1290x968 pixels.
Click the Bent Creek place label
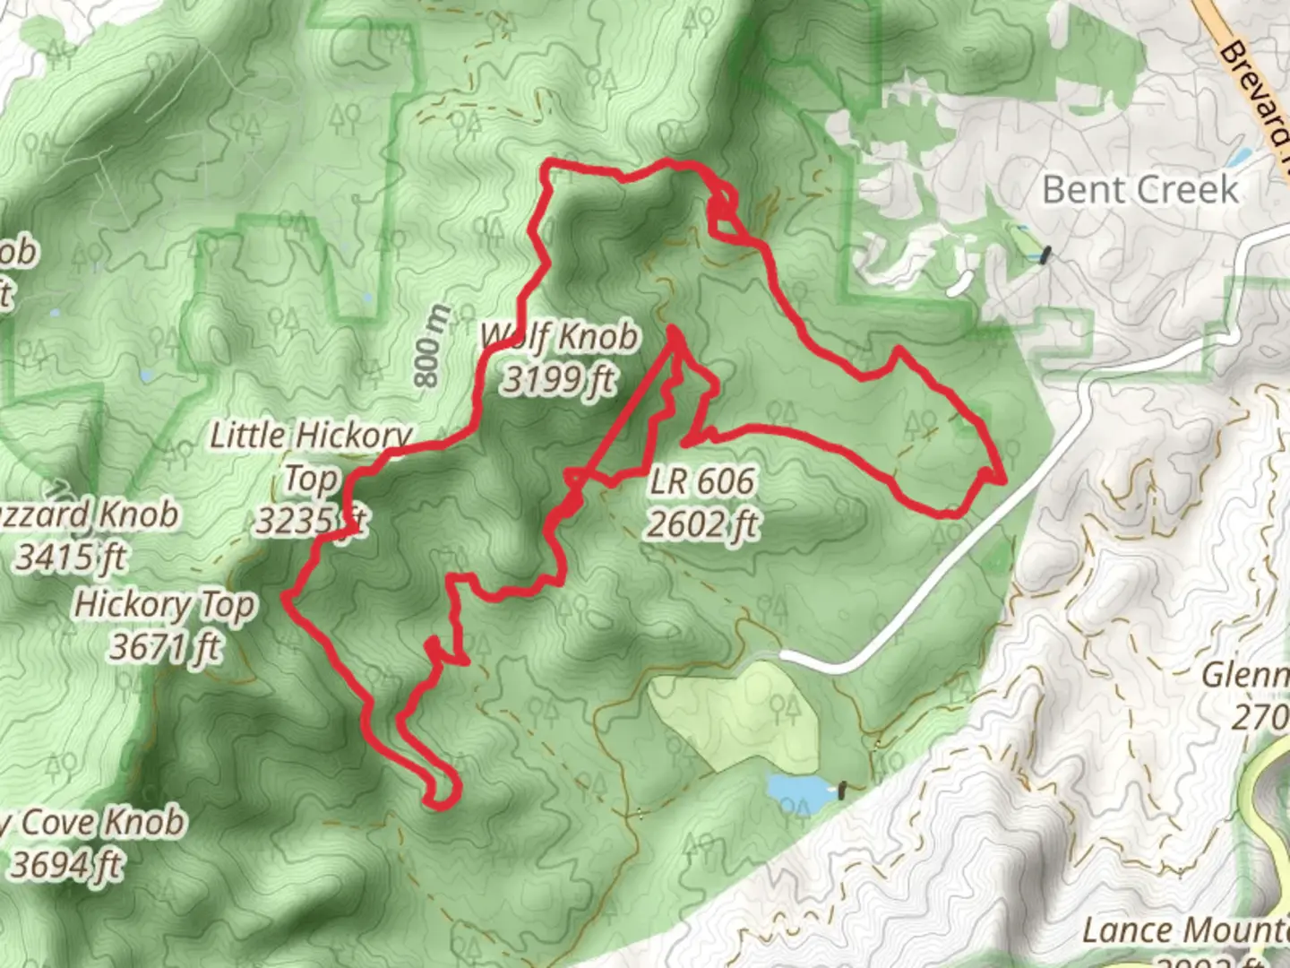(x=1140, y=190)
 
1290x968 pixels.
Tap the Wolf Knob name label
(x=561, y=337)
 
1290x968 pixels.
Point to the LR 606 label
(x=702, y=481)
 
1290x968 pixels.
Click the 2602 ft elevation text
(x=702, y=523)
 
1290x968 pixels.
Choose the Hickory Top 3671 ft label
(x=165, y=625)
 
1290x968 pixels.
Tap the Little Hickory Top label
(x=310, y=457)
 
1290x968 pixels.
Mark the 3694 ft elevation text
(x=67, y=865)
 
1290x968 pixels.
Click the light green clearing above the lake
(x=735, y=708)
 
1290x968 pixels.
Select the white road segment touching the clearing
(x=824, y=663)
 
